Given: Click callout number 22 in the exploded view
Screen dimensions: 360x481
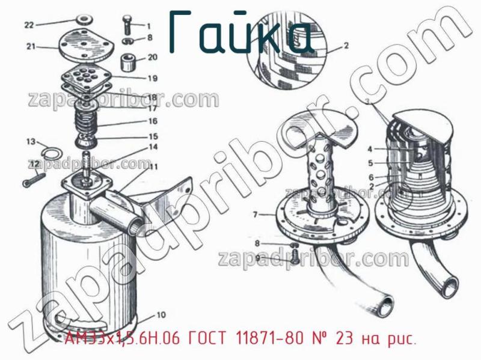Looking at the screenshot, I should [x=30, y=25].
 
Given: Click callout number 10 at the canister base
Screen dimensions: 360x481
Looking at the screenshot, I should [x=161, y=314].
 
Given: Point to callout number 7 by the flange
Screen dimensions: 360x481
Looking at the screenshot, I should [x=255, y=214].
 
